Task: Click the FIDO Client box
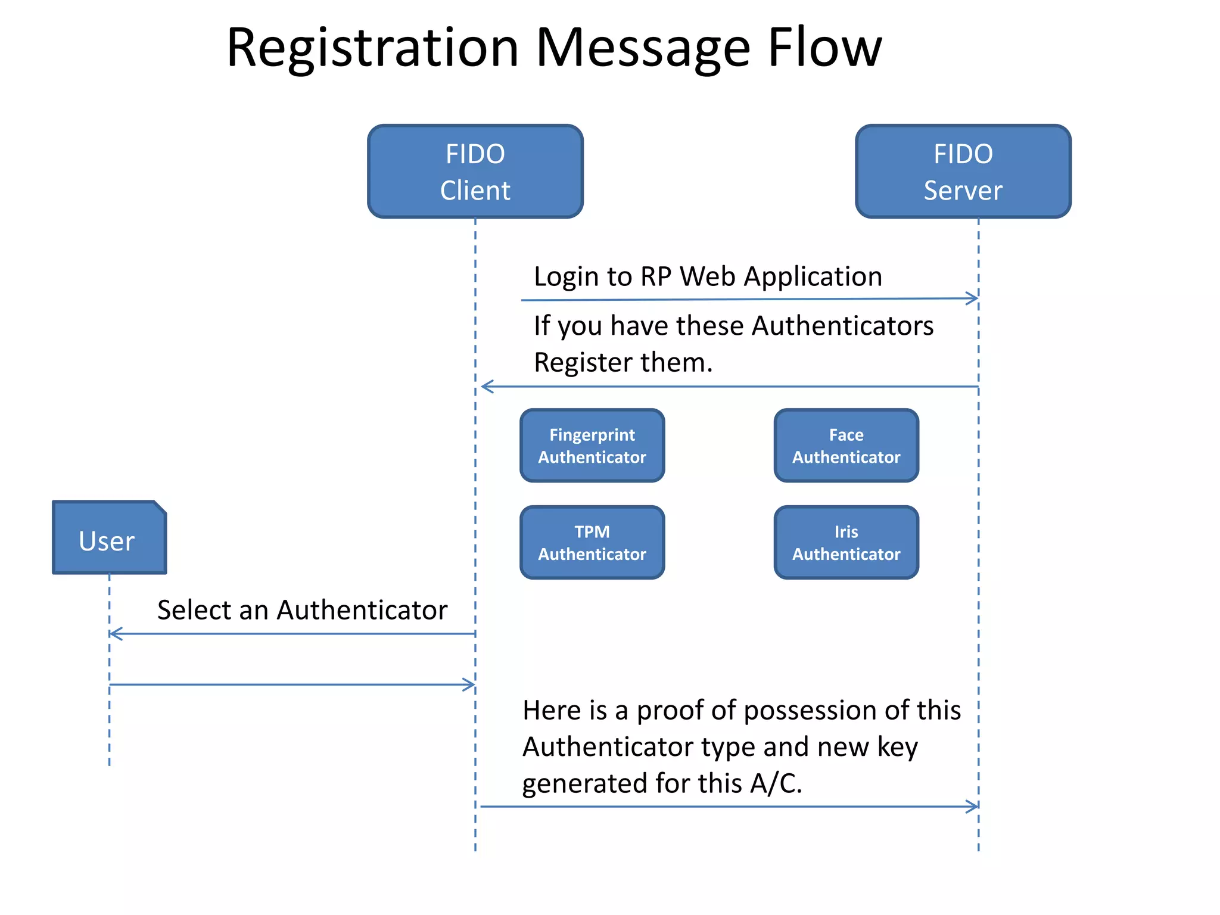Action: (475, 172)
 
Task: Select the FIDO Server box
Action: (963, 172)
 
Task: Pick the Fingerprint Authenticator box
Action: (592, 446)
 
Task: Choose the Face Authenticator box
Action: (846, 446)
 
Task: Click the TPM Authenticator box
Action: (592, 543)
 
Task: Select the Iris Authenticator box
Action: (846, 543)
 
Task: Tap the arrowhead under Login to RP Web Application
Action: (973, 298)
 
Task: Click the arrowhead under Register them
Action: (486, 387)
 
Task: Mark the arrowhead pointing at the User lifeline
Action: (115, 634)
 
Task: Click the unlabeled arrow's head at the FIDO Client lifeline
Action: (470, 684)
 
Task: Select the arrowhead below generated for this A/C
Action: (973, 807)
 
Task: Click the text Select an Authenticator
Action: (302, 610)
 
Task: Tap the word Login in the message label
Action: (565, 277)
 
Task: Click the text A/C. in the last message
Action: (776, 783)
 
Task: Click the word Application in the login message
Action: (813, 277)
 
